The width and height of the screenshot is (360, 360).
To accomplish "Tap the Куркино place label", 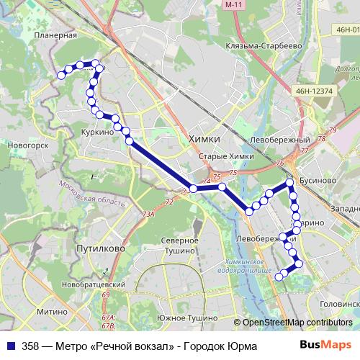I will (x=98, y=132).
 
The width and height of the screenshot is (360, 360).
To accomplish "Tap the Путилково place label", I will (x=100, y=247).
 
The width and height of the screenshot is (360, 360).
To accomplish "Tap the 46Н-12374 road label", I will (x=312, y=91).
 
